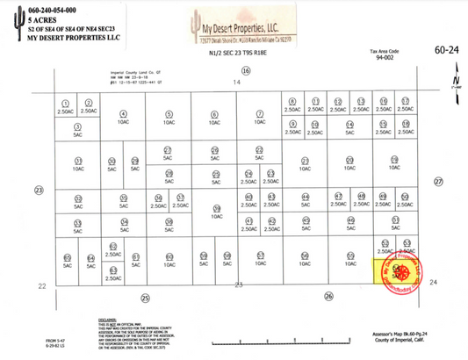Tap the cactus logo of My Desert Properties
(179, 30)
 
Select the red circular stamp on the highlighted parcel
(405, 270)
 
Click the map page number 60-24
(446, 52)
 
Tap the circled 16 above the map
(246, 71)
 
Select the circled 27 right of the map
(438, 182)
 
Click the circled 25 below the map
(145, 297)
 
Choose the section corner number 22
(41, 285)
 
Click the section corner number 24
(433, 282)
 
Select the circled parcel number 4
(124, 113)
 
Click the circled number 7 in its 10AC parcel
(259, 113)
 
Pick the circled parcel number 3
(77, 127)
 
